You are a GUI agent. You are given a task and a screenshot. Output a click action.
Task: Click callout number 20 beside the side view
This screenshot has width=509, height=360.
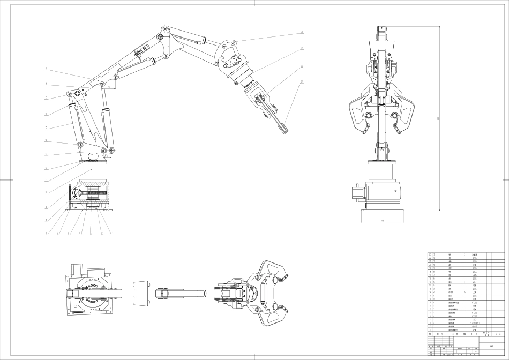(302, 33)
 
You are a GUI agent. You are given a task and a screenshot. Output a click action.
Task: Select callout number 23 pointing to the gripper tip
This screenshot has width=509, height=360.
(302, 82)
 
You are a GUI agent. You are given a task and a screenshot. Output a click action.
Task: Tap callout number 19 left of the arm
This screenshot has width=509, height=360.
(47, 69)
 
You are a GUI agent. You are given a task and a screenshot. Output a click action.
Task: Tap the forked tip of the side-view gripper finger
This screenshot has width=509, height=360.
(285, 129)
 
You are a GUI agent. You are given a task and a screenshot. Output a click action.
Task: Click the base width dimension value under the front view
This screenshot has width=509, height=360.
(383, 220)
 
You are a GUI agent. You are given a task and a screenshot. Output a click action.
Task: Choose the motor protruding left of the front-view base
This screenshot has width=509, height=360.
(357, 194)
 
